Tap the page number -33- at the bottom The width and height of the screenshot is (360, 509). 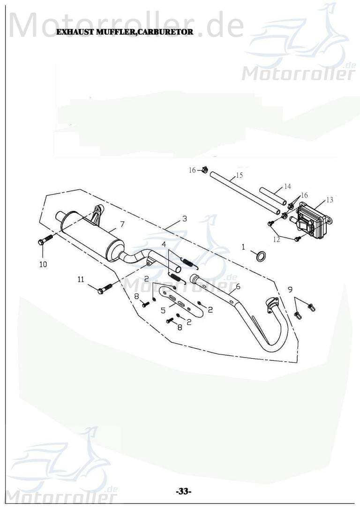[183, 491]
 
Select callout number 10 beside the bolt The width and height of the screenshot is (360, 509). [43, 264]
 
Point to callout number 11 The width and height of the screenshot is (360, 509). [81, 279]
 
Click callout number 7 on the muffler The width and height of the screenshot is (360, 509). [122, 224]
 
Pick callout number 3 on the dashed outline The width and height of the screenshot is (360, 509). [184, 219]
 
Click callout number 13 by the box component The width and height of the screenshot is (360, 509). [330, 200]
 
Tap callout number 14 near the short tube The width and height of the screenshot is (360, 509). [287, 187]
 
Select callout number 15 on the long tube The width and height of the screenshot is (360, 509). [239, 175]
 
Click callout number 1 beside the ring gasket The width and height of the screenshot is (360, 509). [243, 247]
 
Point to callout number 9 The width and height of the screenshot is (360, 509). [290, 288]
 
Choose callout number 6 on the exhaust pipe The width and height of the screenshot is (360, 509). [238, 287]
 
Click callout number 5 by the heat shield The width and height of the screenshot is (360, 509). [163, 310]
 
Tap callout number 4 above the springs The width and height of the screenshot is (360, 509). [164, 244]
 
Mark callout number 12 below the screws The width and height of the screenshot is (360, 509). [277, 240]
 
